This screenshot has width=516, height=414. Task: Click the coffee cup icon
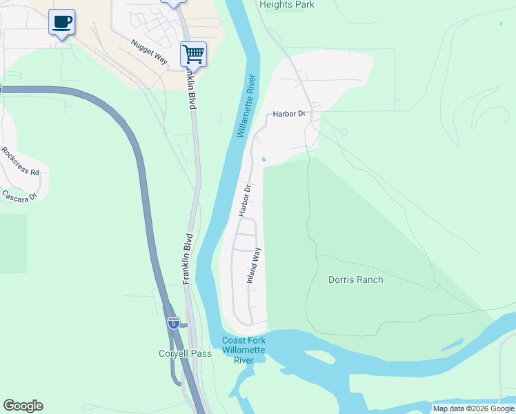point(61,22)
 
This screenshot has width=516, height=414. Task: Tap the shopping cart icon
point(194,54)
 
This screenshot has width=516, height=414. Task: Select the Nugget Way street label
point(149,52)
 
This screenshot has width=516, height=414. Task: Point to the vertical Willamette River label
point(247,106)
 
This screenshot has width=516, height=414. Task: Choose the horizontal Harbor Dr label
point(288,113)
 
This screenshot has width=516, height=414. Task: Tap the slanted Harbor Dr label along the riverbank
point(244,200)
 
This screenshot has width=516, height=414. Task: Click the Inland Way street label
point(255,266)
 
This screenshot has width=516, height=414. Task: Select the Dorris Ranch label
point(355,279)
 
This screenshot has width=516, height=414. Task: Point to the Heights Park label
point(287,5)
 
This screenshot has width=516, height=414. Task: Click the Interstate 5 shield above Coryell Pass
point(173,322)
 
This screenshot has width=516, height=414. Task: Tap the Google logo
point(23,406)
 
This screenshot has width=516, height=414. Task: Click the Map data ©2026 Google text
point(473,408)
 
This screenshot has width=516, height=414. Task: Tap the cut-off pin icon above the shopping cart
point(173,2)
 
